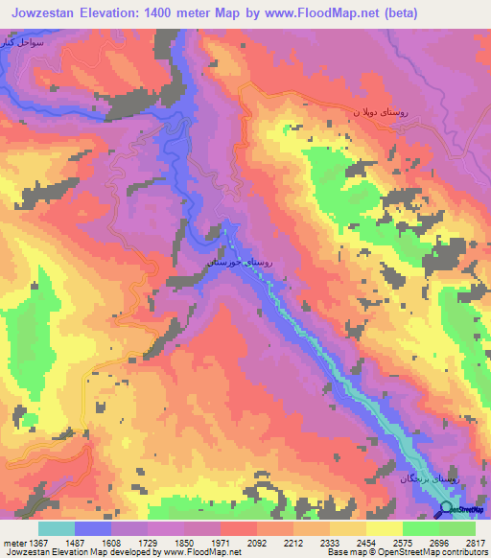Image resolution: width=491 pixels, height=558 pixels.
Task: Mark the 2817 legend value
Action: point(474,542)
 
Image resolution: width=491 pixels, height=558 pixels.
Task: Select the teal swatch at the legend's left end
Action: point(57,527)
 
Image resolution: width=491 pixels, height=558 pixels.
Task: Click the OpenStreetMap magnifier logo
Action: point(446,509)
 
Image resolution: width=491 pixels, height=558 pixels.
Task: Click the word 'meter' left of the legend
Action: point(12,542)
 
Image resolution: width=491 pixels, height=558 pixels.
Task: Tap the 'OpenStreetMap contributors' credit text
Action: point(440,552)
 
